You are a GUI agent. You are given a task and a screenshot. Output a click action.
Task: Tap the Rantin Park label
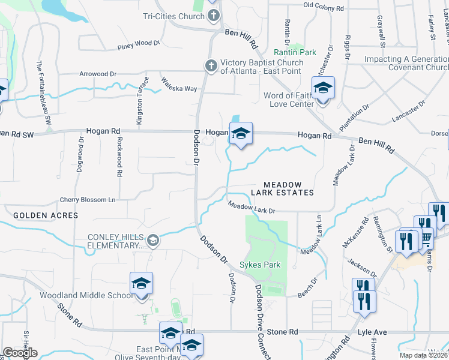[295, 52]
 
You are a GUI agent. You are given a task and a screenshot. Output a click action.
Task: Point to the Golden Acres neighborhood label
[46, 215]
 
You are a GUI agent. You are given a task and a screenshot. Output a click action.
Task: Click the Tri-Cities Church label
[174, 16]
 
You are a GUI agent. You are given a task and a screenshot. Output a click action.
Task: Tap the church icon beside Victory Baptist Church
[211, 65]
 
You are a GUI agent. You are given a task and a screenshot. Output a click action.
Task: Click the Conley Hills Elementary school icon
[153, 241]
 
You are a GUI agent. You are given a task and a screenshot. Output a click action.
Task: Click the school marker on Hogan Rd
[241, 134]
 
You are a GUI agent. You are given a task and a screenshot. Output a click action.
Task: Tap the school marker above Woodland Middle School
[141, 283]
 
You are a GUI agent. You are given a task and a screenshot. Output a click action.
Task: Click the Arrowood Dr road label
[98, 74]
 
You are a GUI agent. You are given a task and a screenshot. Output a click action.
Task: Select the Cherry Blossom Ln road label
[87, 200]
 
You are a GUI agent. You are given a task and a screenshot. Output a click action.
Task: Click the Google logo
[20, 353]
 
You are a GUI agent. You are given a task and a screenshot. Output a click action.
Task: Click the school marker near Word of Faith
[323, 88]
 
